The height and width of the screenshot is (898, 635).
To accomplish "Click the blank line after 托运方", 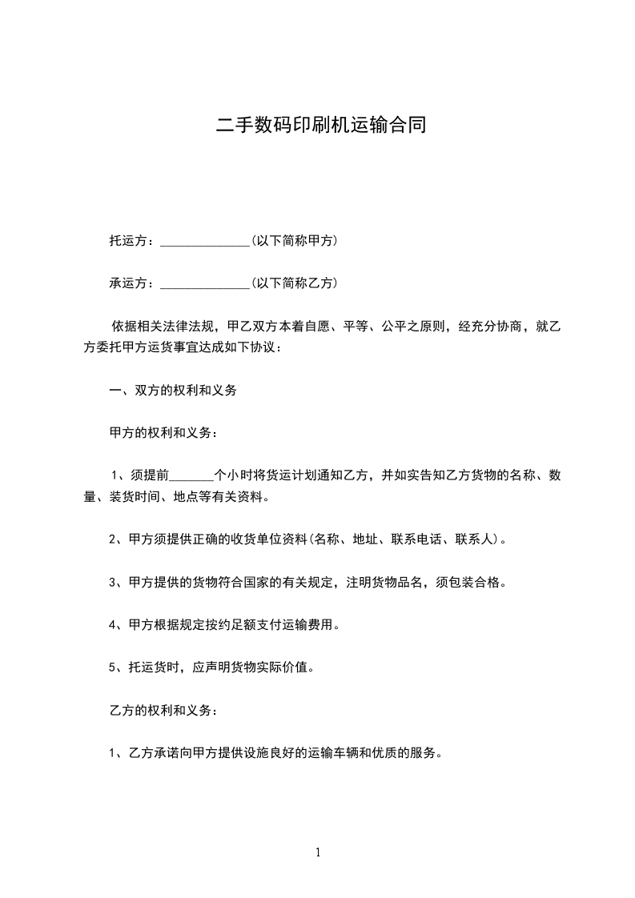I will (205, 241).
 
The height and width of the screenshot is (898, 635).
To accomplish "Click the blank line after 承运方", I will (205, 283).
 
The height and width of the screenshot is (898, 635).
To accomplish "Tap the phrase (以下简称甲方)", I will (294, 240).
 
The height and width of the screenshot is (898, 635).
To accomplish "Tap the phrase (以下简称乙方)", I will (294, 283).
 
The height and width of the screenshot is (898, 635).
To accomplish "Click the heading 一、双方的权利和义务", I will (172, 391).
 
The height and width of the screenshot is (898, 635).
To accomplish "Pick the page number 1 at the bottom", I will (318, 852).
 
